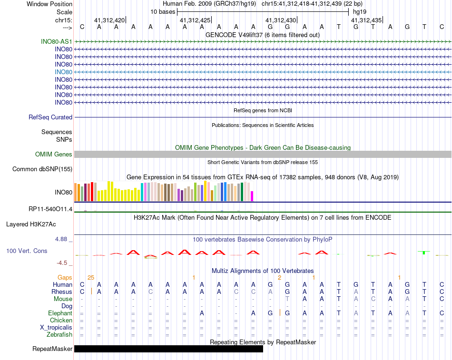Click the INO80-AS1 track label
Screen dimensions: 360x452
point(57,41)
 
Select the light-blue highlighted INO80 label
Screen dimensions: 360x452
point(63,72)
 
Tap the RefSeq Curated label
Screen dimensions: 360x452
point(50,117)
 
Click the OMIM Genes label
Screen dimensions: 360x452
point(54,154)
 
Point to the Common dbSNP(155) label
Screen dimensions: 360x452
point(42,169)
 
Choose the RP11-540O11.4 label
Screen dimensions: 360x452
point(50,209)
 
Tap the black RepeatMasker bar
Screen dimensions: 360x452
point(168,349)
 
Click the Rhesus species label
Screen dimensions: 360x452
point(62,292)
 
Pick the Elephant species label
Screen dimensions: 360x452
point(60,313)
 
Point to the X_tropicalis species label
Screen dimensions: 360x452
point(56,327)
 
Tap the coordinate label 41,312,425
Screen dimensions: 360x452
point(195,20)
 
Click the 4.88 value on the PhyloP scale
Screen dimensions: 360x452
point(62,239)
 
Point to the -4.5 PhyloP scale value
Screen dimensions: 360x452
point(63,263)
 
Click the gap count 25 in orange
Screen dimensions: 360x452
point(91,277)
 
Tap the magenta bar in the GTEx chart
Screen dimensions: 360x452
point(252,196)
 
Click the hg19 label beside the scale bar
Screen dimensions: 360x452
point(359,11)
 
